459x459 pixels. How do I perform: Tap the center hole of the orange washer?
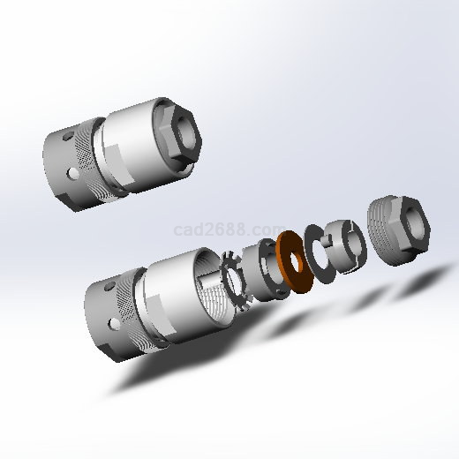coord(296,262)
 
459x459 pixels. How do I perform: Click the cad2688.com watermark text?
coord(229,229)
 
